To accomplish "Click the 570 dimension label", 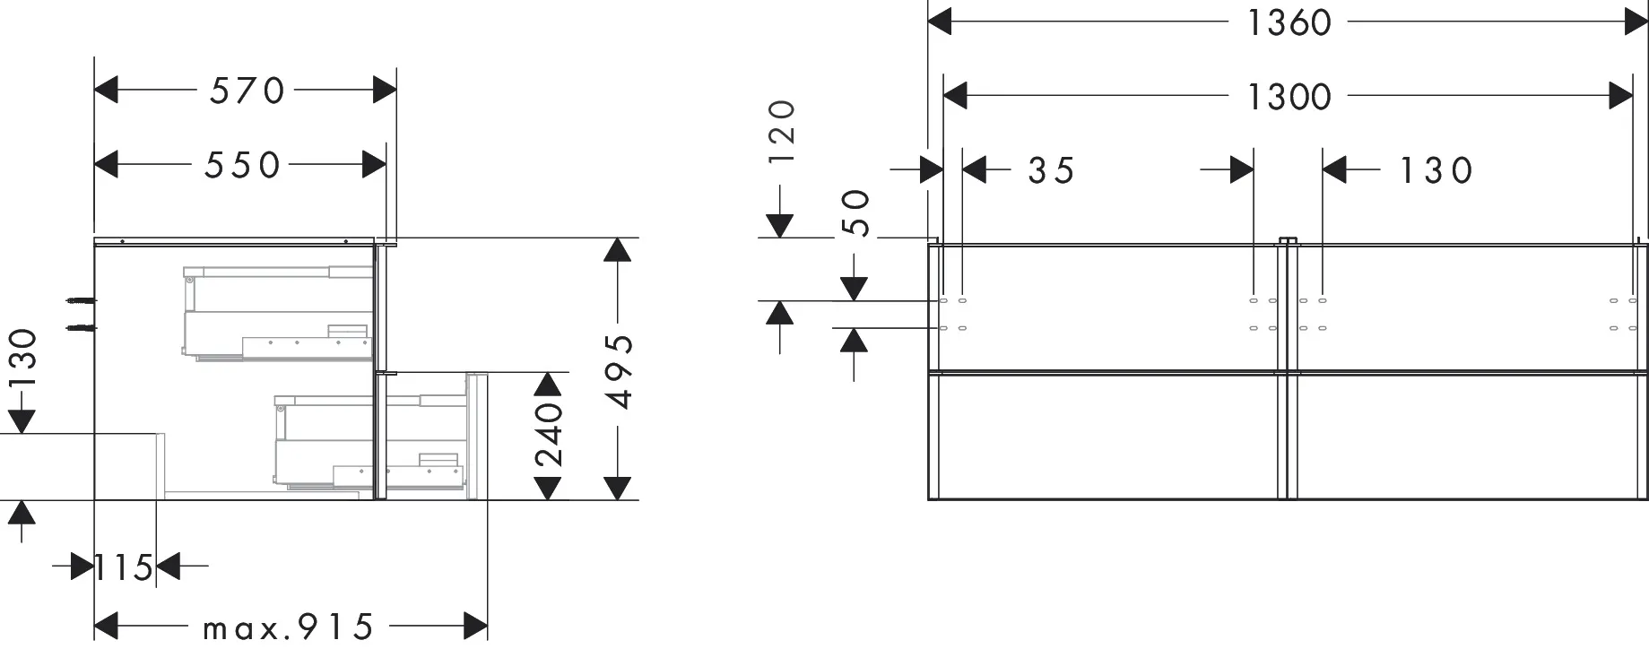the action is pyautogui.click(x=247, y=90).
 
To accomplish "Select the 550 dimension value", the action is pyautogui.click(x=243, y=165).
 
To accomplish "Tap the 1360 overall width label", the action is pyautogui.click(x=1290, y=22).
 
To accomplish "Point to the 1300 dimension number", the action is pyautogui.click(x=1290, y=96).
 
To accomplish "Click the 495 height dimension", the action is pyautogui.click(x=619, y=370).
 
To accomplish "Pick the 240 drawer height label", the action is pyautogui.click(x=549, y=435).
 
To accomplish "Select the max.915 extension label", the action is pyautogui.click(x=288, y=627).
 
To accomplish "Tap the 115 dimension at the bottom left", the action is pyautogui.click(x=125, y=567).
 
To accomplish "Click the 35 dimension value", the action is pyautogui.click(x=1051, y=170).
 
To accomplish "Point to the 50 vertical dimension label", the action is pyautogui.click(x=857, y=213).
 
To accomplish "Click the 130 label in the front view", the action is pyautogui.click(x=1436, y=170).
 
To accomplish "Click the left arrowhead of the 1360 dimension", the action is pyautogui.click(x=939, y=22).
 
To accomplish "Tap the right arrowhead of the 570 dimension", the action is pyautogui.click(x=385, y=90).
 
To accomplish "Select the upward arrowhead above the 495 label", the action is pyautogui.click(x=616, y=250).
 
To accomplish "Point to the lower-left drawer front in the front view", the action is pyautogui.click(x=1107, y=436).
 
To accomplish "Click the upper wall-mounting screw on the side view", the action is pyautogui.click(x=81, y=301).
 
